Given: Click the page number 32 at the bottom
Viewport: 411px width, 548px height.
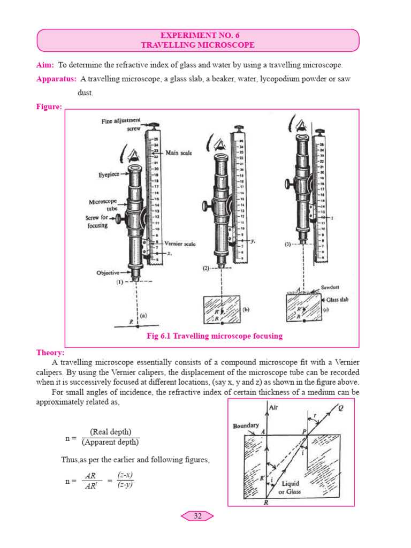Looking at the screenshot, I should pyautogui.click(x=197, y=516).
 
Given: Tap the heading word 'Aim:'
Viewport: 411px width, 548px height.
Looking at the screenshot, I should pyautogui.click(x=45, y=65).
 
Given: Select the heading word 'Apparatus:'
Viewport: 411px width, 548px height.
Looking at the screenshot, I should pyautogui.click(x=56, y=79).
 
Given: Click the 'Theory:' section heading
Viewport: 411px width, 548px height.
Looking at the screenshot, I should pyautogui.click(x=50, y=353).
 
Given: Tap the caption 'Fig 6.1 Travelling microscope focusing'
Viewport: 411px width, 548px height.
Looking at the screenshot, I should pyautogui.click(x=214, y=336).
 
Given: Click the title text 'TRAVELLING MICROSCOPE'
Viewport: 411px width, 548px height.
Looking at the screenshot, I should pyautogui.click(x=197, y=45).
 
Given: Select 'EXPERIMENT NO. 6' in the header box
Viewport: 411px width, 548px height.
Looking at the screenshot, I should pyautogui.click(x=197, y=35).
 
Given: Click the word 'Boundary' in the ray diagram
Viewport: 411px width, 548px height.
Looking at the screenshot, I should pyautogui.click(x=246, y=426).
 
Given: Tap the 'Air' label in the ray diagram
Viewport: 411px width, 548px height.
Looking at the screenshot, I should pyautogui.click(x=279, y=407).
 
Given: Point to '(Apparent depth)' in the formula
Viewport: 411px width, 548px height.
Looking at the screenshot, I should pyautogui.click(x=110, y=442).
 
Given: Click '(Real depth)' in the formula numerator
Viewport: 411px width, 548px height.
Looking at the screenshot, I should pyautogui.click(x=110, y=432).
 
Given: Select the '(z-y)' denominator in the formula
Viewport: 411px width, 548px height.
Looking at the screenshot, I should pyautogui.click(x=125, y=484).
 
